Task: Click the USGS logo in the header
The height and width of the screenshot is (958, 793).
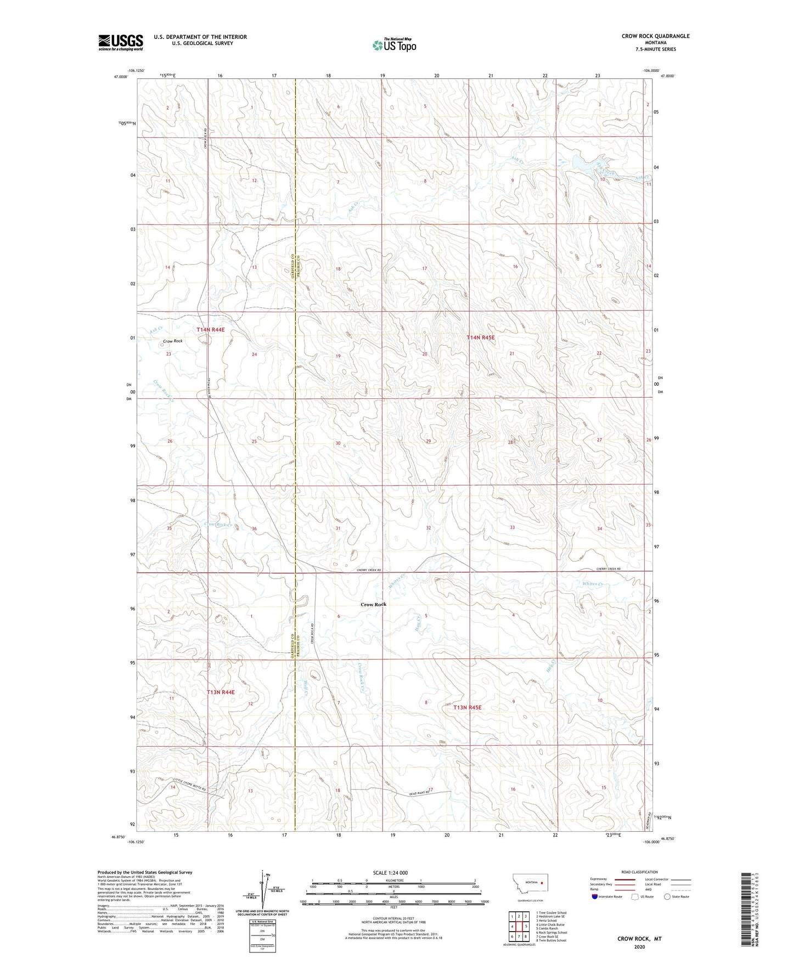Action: [121, 42]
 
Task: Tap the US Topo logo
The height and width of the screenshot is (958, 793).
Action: [394, 45]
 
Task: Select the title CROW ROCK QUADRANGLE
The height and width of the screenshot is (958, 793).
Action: [655, 36]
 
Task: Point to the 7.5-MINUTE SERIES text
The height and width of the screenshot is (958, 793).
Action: [656, 49]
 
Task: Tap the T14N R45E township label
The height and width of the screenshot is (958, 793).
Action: [481, 338]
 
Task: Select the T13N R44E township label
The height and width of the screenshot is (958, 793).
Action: [221, 692]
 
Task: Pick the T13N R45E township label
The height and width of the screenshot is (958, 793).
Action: [467, 708]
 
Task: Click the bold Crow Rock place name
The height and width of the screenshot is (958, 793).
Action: [373, 604]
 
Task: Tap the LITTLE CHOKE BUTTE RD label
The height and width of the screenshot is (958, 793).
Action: [189, 784]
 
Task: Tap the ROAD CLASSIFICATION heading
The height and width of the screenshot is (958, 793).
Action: [639, 872]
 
